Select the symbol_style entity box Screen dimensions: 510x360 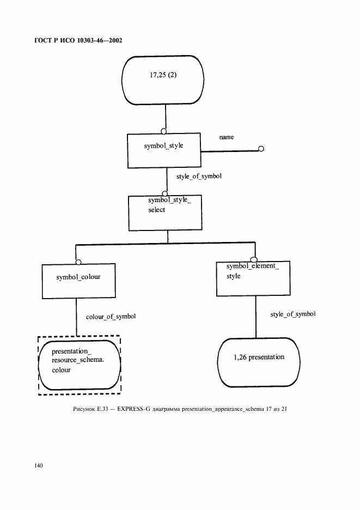pos(164,150)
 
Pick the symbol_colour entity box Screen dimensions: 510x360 pos(78,281)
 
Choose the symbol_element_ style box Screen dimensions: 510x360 pos(253,278)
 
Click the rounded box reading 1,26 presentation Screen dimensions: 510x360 pos(259,361)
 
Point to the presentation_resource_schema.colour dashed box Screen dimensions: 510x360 pos(79,365)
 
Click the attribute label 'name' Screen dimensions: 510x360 pos(227,137)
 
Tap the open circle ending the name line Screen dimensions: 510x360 pos(261,149)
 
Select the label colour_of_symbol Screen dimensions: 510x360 pos(111,317)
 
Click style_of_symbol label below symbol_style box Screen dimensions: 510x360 pos(199,177)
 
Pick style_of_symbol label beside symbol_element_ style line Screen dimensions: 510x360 pos(293,314)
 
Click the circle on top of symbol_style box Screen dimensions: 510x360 pos(164,131)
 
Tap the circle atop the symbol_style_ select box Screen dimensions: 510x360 pos(164,193)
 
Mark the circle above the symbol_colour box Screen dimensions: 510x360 pos(78,261)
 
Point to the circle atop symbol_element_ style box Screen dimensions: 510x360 pos(253,259)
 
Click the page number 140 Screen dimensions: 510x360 pos(39,465)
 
